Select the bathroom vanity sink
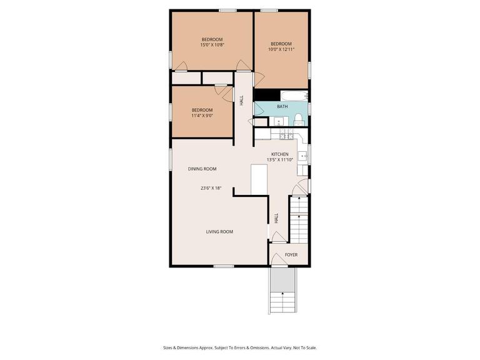click(x=262, y=121)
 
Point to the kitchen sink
click(x=302, y=156)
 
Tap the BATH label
click(x=282, y=107)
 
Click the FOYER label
click(x=291, y=255)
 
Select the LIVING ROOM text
click(x=219, y=232)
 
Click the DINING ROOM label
click(x=202, y=169)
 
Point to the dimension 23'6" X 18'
click(x=211, y=187)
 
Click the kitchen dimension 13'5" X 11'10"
click(x=279, y=160)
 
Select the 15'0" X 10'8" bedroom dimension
click(x=212, y=45)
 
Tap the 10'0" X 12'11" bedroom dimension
click(x=281, y=49)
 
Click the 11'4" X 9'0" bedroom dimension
click(x=202, y=116)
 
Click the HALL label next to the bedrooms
click(x=242, y=100)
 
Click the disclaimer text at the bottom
click(x=240, y=347)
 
